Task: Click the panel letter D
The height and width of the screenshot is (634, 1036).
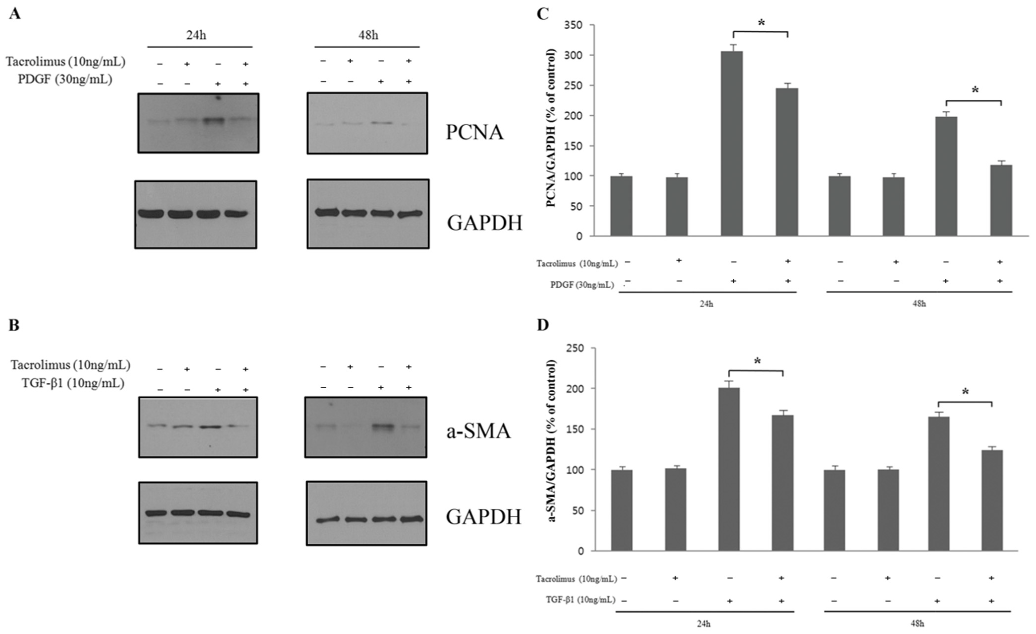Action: point(543,326)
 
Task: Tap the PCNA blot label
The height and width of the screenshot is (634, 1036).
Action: point(474,132)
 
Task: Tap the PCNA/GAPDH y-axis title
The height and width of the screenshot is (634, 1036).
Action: point(551,128)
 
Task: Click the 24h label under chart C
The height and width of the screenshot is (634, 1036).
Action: point(706,304)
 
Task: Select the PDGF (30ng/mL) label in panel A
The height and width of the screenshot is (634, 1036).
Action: point(65,79)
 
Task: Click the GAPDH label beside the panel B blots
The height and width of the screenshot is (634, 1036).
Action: point(483,517)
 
